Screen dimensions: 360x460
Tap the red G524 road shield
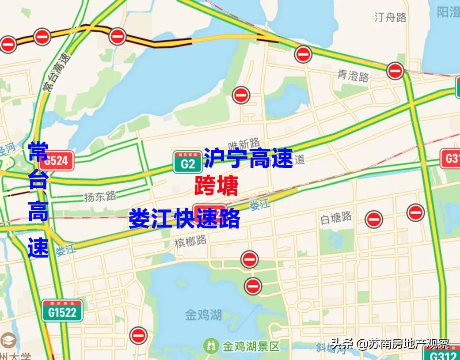click(x=56, y=161)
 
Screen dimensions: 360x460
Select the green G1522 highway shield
click(x=63, y=311)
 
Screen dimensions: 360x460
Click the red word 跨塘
click(x=217, y=186)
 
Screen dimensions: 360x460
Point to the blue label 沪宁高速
click(x=248, y=158)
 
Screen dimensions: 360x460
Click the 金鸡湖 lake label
click(x=203, y=315)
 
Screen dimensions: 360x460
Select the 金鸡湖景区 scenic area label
click(x=251, y=345)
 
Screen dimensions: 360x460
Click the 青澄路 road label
click(x=353, y=77)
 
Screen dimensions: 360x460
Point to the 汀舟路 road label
click(x=390, y=17)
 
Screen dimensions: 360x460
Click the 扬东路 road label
click(x=100, y=196)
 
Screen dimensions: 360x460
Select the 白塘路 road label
click(x=336, y=217)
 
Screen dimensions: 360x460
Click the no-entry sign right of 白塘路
click(x=374, y=219)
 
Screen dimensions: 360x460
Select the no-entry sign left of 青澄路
click(x=303, y=54)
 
